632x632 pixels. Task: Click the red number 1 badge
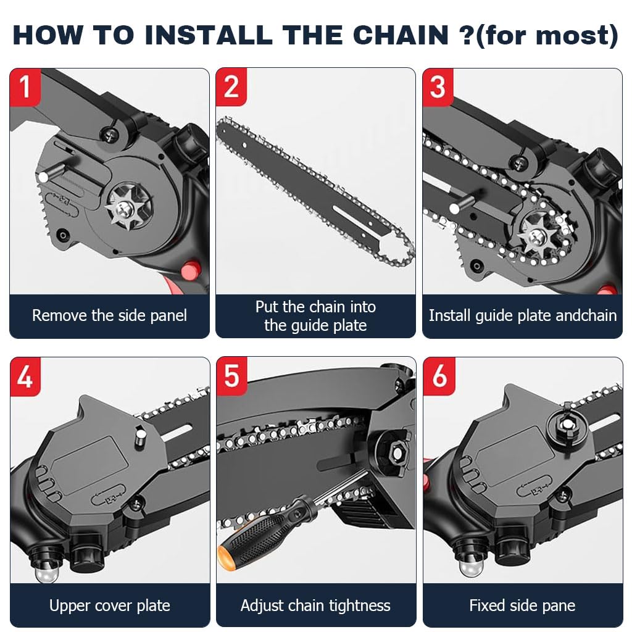click(25, 86)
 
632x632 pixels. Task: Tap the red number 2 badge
click(231, 86)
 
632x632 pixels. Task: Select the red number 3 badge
click(438, 86)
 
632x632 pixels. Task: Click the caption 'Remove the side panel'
click(109, 316)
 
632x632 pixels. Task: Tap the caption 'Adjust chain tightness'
click(315, 605)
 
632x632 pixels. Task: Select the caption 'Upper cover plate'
click(109, 605)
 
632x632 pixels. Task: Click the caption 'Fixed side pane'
click(522, 605)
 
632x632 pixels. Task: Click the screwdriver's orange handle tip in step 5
click(225, 551)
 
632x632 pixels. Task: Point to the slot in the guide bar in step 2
click(354, 219)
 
